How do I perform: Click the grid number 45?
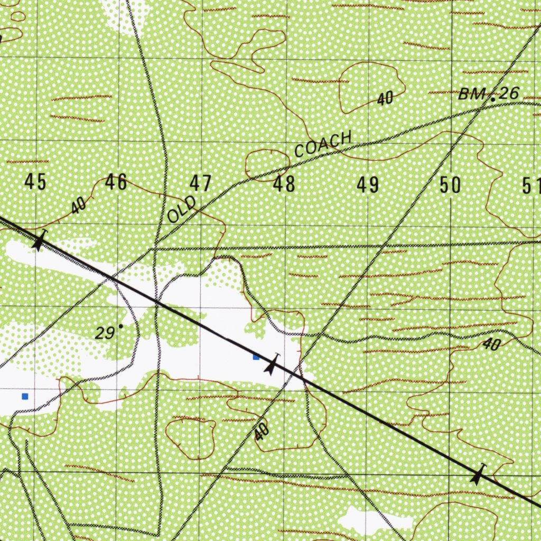click(35, 182)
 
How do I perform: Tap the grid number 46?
click(116, 182)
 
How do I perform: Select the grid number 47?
click(201, 184)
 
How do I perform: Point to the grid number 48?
click(284, 185)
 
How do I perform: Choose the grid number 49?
click(368, 185)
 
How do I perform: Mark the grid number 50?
click(450, 185)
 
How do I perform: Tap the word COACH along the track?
click(323, 144)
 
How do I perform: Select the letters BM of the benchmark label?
click(471, 95)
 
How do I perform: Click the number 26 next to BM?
click(509, 94)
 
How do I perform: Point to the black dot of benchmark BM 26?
click(492, 99)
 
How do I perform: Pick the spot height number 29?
click(105, 333)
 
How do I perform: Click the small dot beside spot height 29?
click(121, 327)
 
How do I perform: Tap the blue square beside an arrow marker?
click(256, 357)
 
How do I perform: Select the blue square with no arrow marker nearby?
click(24, 396)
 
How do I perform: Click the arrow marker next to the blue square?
click(272, 365)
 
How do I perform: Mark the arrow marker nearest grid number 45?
click(38, 241)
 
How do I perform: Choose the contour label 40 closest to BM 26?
click(386, 98)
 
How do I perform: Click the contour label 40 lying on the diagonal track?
click(261, 432)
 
